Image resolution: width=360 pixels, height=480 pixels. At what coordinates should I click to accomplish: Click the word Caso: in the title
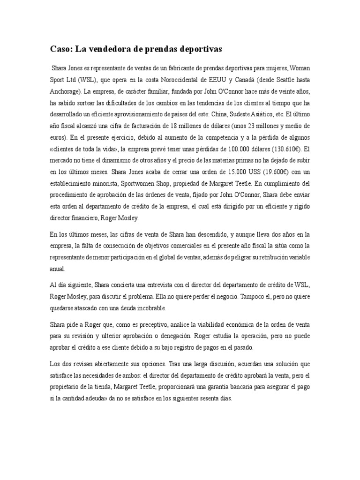(62, 49)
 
